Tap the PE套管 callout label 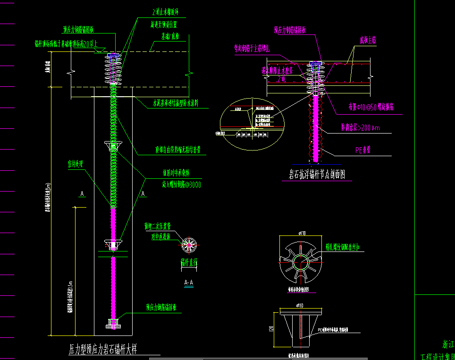point(364,151)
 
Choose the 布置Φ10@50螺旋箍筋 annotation point(365,108)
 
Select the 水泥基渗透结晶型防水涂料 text point(181,103)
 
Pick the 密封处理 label point(75,165)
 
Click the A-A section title point(188,283)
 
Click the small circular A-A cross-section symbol point(189,244)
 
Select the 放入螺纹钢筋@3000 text point(178,185)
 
